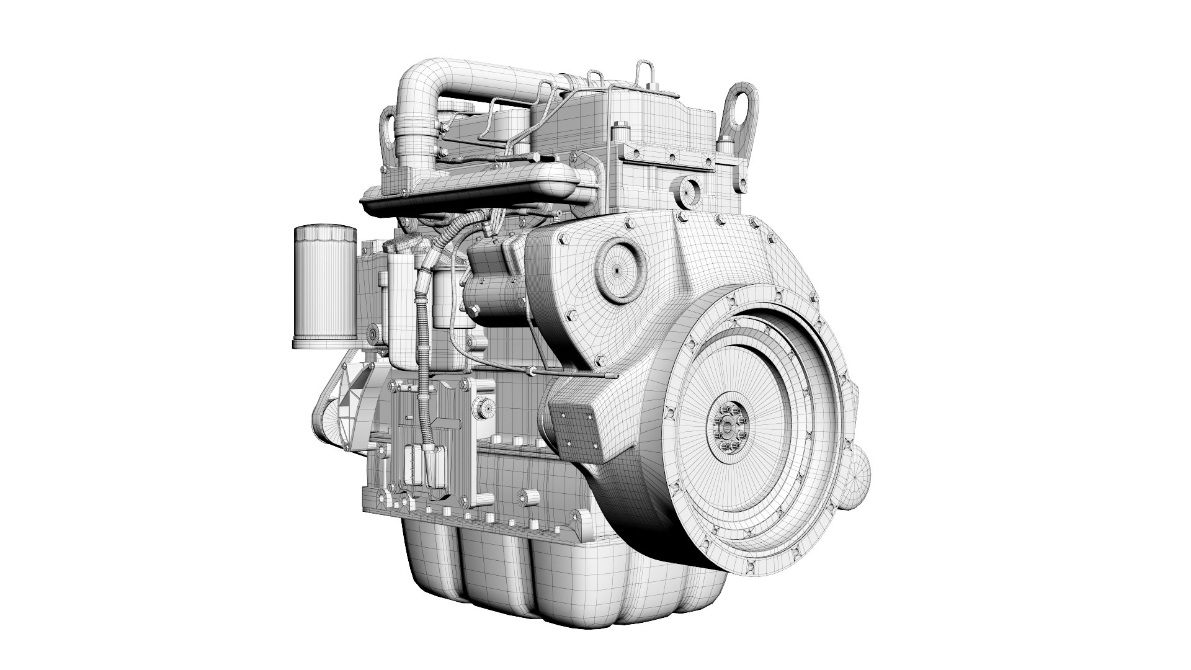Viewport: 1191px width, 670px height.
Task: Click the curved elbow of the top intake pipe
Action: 417,81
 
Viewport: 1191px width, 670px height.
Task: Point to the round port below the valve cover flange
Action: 688,189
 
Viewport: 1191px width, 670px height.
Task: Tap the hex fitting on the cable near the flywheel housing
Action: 532,371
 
